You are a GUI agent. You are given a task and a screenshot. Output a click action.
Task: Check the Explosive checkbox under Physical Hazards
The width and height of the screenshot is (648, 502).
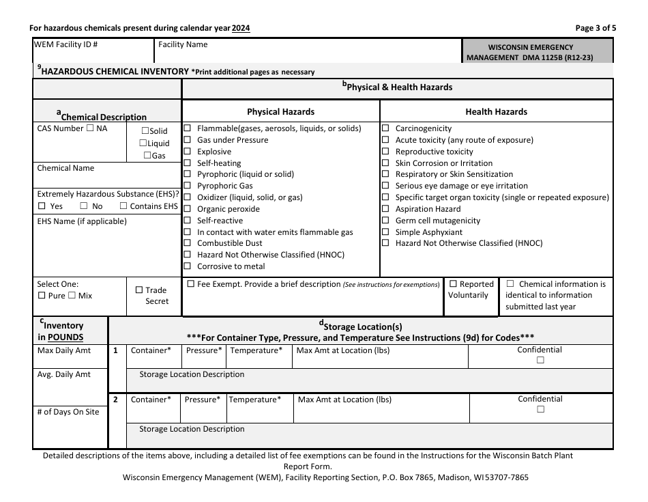pos(188,152)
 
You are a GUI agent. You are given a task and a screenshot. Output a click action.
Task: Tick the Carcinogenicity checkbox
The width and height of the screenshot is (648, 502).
pos(385,128)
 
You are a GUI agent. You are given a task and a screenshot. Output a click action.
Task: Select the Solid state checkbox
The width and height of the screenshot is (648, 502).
pos(145,131)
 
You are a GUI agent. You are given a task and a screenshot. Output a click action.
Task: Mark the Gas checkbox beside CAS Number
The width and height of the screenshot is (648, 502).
pos(147,156)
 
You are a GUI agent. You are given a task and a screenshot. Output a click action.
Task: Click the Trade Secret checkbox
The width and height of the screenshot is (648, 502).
pos(139,290)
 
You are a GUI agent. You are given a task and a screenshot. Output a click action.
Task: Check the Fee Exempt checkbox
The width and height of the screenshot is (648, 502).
pos(190,284)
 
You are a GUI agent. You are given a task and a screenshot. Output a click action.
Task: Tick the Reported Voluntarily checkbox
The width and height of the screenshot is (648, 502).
pos(453,284)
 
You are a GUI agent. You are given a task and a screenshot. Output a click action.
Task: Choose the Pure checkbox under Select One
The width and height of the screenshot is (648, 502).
pos(42,296)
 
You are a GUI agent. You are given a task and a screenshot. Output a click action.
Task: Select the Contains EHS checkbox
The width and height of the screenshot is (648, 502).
pos(123,206)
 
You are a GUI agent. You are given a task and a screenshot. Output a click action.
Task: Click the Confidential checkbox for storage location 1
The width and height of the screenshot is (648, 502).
pos(540,361)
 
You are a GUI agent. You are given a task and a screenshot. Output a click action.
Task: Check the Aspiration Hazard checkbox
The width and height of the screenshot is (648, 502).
pos(385,209)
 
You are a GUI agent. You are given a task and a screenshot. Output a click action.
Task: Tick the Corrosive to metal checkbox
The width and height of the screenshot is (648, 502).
pos(188,266)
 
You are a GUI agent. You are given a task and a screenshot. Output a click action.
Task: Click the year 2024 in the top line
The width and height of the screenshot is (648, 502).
pos(241,28)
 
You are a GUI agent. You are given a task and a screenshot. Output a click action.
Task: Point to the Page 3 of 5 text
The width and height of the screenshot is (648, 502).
pos(595,28)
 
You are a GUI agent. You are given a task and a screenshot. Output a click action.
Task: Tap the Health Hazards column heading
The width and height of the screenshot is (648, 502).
pos(496,112)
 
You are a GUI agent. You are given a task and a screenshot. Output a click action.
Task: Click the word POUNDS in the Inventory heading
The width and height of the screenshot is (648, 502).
pos(65,337)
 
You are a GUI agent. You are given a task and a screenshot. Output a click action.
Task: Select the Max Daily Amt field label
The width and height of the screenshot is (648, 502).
pos(64,350)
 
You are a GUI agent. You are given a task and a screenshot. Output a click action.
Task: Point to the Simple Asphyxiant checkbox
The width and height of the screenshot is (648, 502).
pos(385,232)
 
